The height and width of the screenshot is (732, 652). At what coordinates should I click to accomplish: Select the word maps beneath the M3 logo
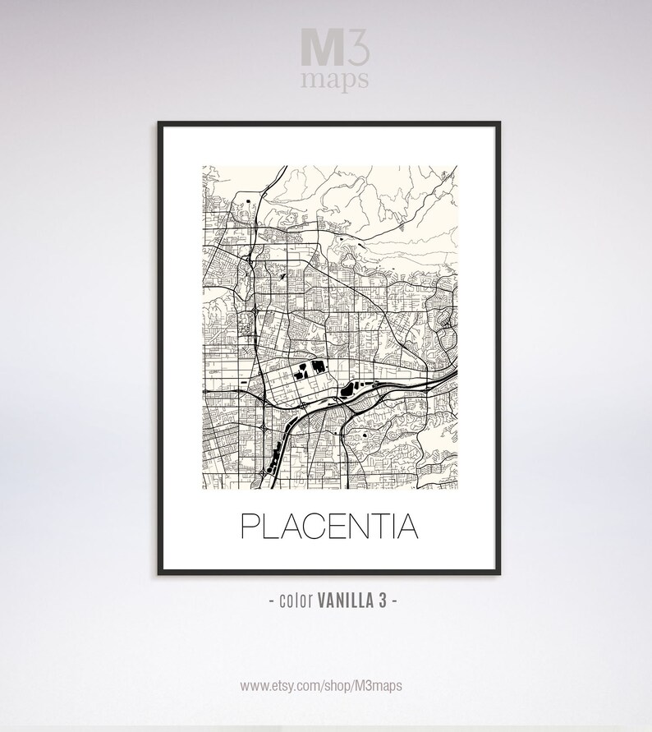click(x=333, y=79)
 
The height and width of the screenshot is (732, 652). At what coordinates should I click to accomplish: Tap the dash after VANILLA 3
click(x=394, y=601)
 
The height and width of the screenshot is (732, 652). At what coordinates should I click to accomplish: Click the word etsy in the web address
click(x=286, y=684)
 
